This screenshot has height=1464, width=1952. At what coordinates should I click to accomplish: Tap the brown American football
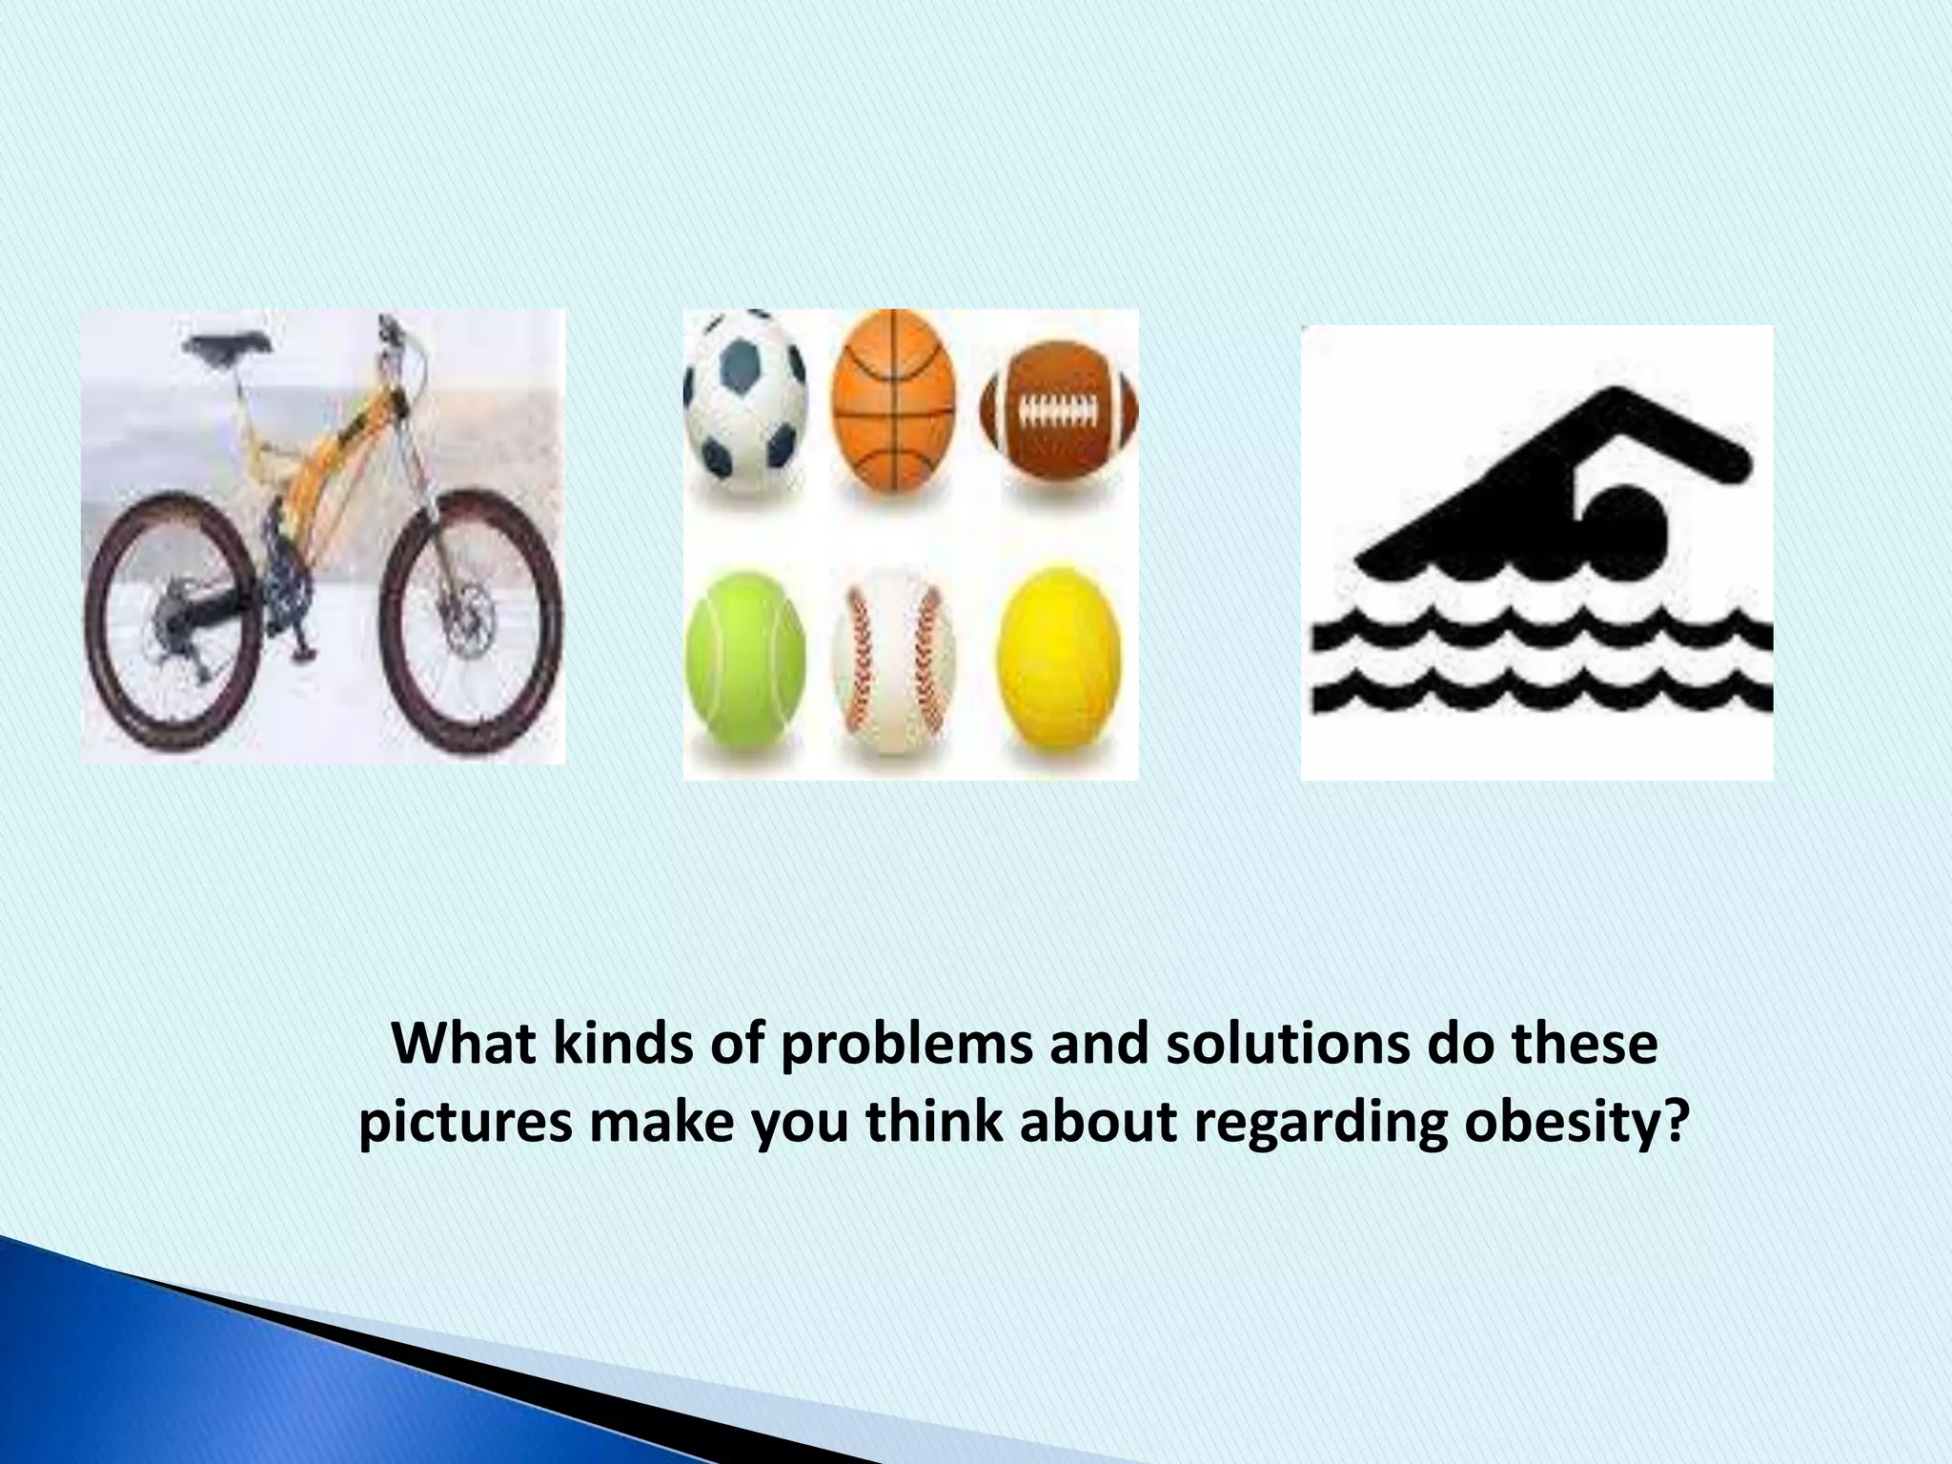[1059, 412]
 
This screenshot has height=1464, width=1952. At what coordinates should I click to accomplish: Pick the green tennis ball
[745, 657]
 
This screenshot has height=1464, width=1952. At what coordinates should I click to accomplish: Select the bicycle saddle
[229, 345]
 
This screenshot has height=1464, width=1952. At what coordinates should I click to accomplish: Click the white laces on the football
[1059, 411]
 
